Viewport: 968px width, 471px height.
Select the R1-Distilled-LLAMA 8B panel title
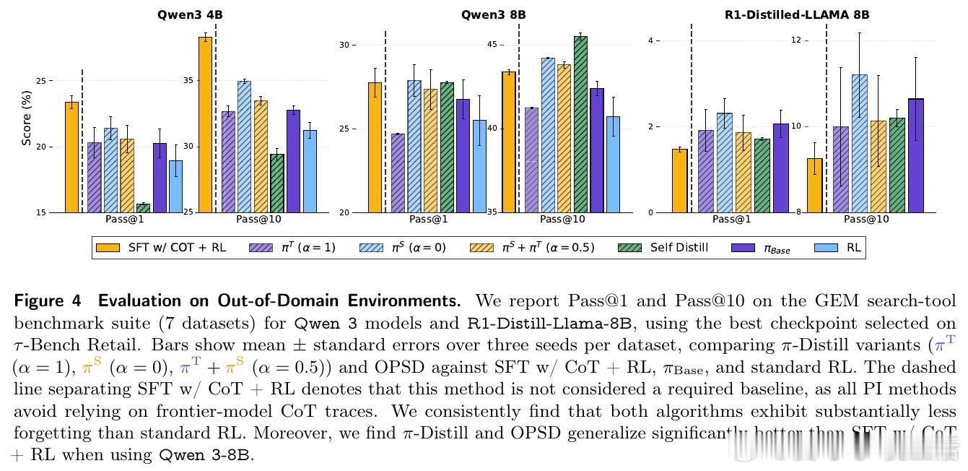point(796,14)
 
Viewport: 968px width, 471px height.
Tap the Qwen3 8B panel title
point(494,14)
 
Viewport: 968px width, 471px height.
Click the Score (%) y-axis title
point(27,118)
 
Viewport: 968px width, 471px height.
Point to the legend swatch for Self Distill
point(630,248)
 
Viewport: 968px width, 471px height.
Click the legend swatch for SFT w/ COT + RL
point(108,248)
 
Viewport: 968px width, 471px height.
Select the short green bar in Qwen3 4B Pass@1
point(143,208)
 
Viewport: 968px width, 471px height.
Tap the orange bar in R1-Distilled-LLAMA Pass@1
point(679,181)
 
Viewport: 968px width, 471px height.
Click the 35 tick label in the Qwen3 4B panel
point(188,80)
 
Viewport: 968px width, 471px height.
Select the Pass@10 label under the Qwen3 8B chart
point(562,220)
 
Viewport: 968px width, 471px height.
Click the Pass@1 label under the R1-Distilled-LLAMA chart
point(732,220)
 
